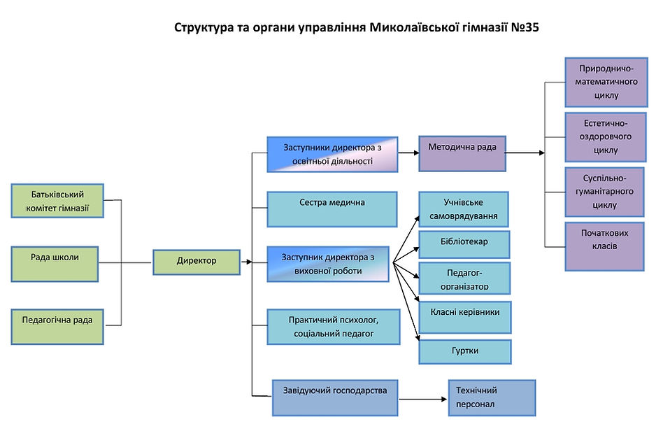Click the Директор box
pyautogui.click(x=197, y=262)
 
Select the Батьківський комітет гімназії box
pyautogui.click(x=57, y=200)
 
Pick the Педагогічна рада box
pyautogui.click(x=57, y=326)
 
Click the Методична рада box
pyautogui.click(x=462, y=153)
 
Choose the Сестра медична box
pyautogui.click(x=332, y=209)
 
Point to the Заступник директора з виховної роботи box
pyautogui.click(x=329, y=264)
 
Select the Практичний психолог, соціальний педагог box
pyautogui.click(x=334, y=327)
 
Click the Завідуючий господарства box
pyautogui.click(x=335, y=397)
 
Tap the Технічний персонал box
pyautogui.click(x=492, y=397)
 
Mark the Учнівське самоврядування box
pyautogui.click(x=464, y=209)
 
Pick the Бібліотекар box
pyautogui.click(x=464, y=243)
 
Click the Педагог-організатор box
pyautogui.click(x=464, y=278)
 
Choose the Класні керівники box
pyautogui.click(x=464, y=317)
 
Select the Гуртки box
pyautogui.click(x=464, y=351)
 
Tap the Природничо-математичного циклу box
pyautogui.click(x=606, y=82)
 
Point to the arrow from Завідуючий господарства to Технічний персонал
pyautogui.click(x=423, y=399)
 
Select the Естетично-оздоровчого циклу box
pyautogui.click(x=606, y=136)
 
